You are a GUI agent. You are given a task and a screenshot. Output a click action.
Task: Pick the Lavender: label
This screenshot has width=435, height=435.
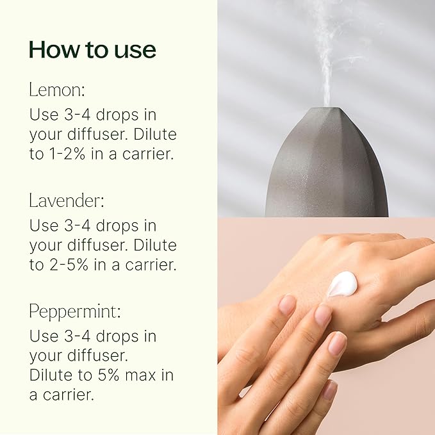66,200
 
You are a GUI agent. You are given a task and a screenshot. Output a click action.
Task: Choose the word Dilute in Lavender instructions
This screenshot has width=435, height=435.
154,245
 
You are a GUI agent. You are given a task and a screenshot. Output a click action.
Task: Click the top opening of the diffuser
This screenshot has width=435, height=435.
327,109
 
